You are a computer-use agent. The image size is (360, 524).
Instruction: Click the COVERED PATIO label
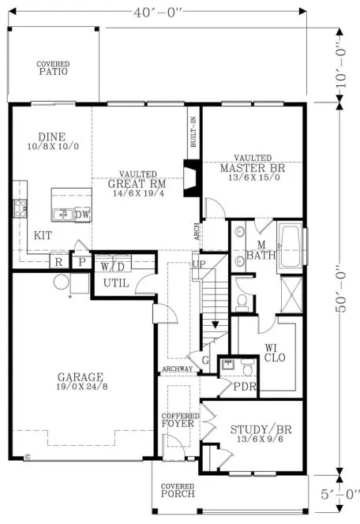(52, 68)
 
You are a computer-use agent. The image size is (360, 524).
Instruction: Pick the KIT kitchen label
(44, 235)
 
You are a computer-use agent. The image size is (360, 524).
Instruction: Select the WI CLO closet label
(273, 351)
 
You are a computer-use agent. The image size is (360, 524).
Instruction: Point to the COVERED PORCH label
(178, 491)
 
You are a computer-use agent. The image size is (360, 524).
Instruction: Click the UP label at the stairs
(198, 263)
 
